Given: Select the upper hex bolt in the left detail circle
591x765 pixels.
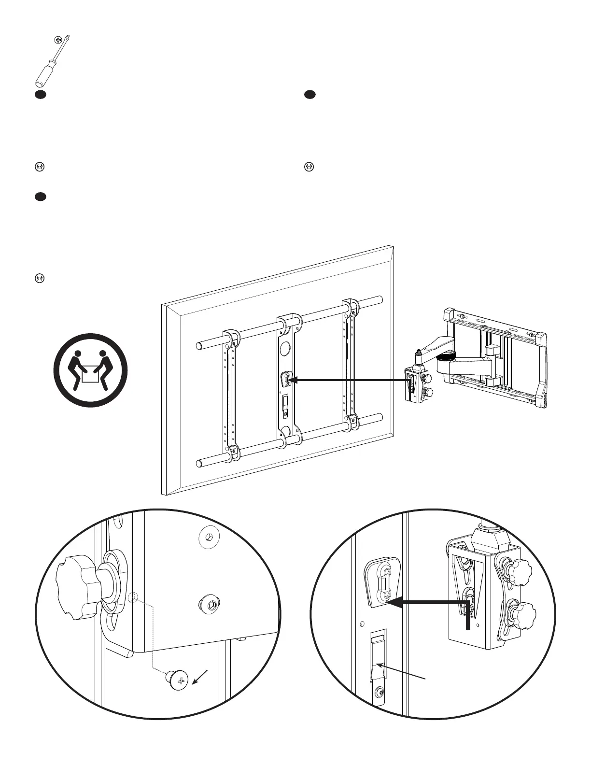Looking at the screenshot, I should pyautogui.click(x=208, y=537).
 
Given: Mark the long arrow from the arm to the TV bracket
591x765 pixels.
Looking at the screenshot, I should pyautogui.click(x=350, y=381).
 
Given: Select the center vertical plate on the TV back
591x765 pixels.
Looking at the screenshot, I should pyautogui.click(x=288, y=377).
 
